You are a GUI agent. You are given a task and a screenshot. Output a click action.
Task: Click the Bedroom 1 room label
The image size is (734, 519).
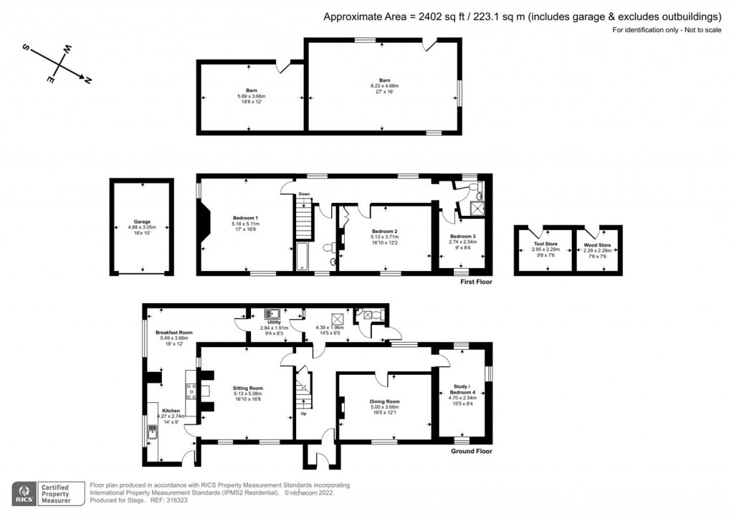[x=246, y=218]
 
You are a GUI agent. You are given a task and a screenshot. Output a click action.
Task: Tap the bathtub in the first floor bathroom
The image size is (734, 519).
[x=302, y=257]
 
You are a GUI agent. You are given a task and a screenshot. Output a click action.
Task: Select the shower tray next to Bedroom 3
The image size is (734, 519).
[x=475, y=208]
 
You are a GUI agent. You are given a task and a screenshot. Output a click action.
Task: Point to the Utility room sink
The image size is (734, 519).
[x=273, y=314]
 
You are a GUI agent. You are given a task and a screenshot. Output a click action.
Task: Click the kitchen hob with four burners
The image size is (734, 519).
[x=191, y=391]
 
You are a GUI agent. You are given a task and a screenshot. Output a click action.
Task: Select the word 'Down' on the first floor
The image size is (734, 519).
[x=304, y=194]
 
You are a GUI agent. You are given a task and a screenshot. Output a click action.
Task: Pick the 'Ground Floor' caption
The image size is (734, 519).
[x=471, y=452]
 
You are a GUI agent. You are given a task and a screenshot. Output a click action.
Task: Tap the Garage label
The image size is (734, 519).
[x=141, y=222]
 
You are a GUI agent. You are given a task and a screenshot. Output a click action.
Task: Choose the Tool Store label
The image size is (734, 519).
[x=545, y=244]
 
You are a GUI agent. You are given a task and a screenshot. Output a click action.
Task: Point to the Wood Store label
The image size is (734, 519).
[x=597, y=244]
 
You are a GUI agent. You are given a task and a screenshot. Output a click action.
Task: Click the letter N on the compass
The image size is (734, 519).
[x=87, y=80]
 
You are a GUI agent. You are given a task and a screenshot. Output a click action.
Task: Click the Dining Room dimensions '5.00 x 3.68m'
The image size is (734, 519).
[x=385, y=407]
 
